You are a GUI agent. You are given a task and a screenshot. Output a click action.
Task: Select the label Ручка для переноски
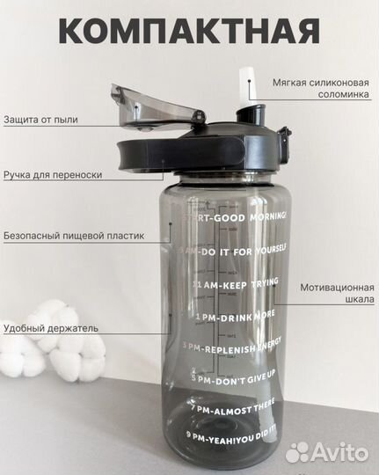(53, 175)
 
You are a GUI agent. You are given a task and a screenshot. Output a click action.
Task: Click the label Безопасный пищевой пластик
(73, 236)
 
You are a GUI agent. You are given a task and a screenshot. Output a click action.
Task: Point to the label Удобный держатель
(50, 328)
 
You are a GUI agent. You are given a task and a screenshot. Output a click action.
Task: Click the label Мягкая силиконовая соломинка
(319, 86)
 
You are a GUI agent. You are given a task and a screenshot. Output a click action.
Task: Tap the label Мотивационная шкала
(337, 293)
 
